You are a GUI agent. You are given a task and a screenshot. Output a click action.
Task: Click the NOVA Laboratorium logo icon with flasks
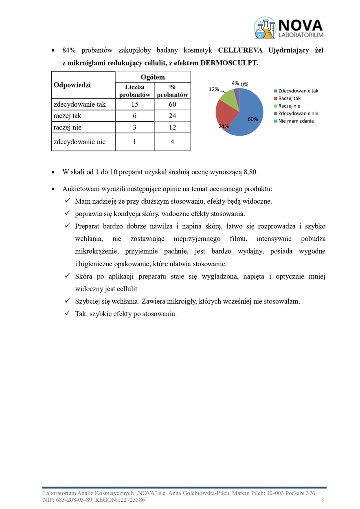pyautogui.click(x=265, y=27)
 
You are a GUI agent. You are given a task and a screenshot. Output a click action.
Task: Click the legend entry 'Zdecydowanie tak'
pyautogui.click(x=298, y=91)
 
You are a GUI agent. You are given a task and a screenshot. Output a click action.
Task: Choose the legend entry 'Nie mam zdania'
pyautogui.click(x=296, y=121)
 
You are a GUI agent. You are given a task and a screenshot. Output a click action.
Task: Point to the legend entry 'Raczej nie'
pyautogui.click(x=289, y=106)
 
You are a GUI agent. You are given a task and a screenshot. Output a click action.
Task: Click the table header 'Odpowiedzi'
pyautogui.click(x=72, y=85)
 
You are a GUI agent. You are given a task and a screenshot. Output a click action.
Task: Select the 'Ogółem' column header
pyautogui.click(x=153, y=77)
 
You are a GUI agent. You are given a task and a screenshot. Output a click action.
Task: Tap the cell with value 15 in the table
pyautogui.click(x=134, y=105)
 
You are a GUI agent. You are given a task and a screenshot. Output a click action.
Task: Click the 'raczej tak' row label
pyautogui.click(x=68, y=116)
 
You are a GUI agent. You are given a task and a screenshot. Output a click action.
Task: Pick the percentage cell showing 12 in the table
pyautogui.click(x=172, y=127)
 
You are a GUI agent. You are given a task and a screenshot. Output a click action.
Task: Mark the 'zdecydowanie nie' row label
pyautogui.click(x=79, y=142)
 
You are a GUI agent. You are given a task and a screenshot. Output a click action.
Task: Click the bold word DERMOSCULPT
pyautogui.click(x=231, y=63)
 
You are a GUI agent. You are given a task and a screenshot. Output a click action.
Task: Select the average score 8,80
pyautogui.click(x=250, y=172)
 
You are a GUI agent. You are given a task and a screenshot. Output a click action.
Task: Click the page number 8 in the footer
pyautogui.click(x=323, y=500)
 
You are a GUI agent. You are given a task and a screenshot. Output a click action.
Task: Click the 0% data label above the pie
pyautogui.click(x=244, y=84)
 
